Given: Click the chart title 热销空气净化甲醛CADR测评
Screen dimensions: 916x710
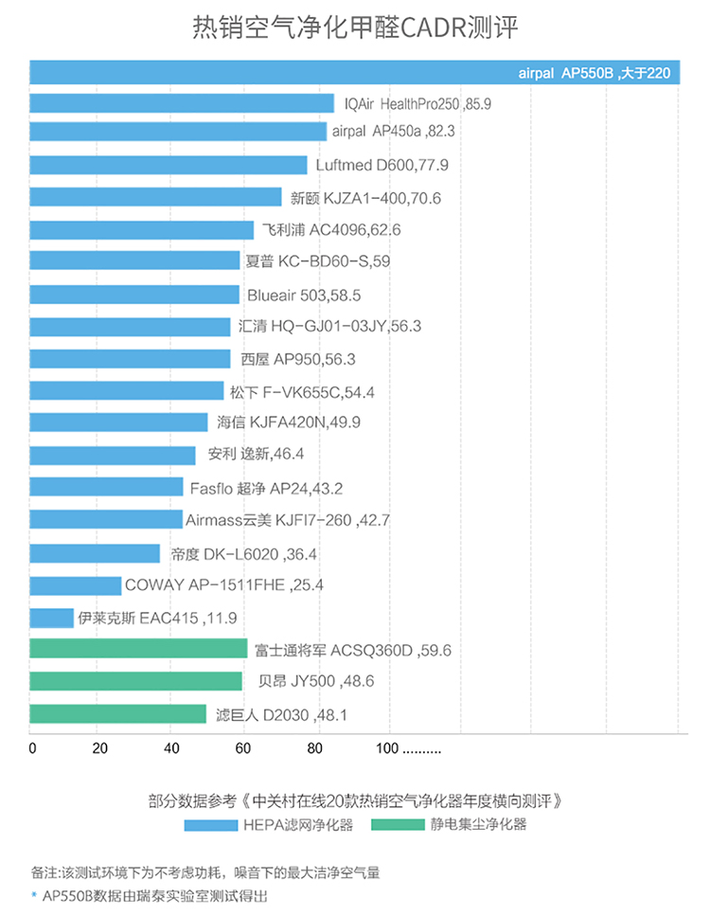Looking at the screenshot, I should click(355, 27).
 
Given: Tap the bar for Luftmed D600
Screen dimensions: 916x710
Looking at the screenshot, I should click(169, 165).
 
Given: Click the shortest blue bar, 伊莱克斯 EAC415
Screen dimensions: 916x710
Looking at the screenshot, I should click(51, 618).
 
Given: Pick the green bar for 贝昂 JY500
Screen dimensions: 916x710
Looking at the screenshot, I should click(135, 681).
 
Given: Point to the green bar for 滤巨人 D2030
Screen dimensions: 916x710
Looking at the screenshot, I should click(117, 714).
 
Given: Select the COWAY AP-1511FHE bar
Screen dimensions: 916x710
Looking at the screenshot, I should click(75, 584).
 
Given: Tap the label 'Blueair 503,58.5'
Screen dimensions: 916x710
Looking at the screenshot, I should click(303, 295).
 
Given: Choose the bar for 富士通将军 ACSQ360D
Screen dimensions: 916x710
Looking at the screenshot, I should click(138, 649).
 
